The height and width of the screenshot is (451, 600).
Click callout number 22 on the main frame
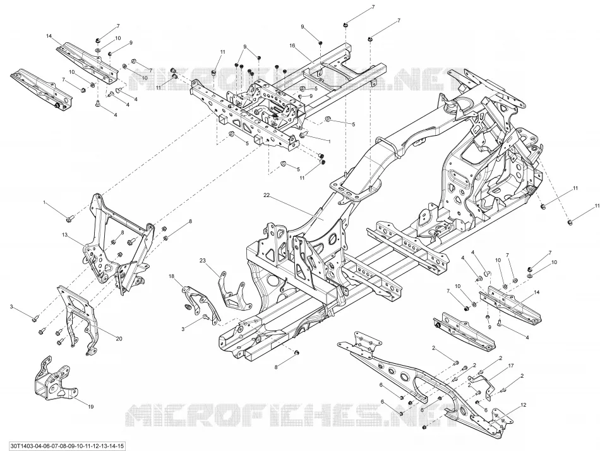coord(267,195)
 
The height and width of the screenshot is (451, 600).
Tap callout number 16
coord(292,45)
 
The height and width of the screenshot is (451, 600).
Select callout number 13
coord(64,234)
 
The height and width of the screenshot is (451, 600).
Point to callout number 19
coord(91,407)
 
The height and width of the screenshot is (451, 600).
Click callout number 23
coord(203,260)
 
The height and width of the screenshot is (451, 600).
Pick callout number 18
coord(171,275)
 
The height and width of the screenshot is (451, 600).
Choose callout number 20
coord(119,339)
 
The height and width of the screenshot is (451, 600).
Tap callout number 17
coord(511,365)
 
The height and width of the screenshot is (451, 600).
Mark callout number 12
coord(524,405)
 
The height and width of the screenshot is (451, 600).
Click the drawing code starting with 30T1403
coord(63,446)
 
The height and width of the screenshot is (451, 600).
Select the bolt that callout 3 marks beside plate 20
coord(35,317)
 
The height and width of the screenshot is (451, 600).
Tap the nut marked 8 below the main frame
coord(296,352)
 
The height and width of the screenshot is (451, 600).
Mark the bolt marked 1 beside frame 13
coord(69,219)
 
